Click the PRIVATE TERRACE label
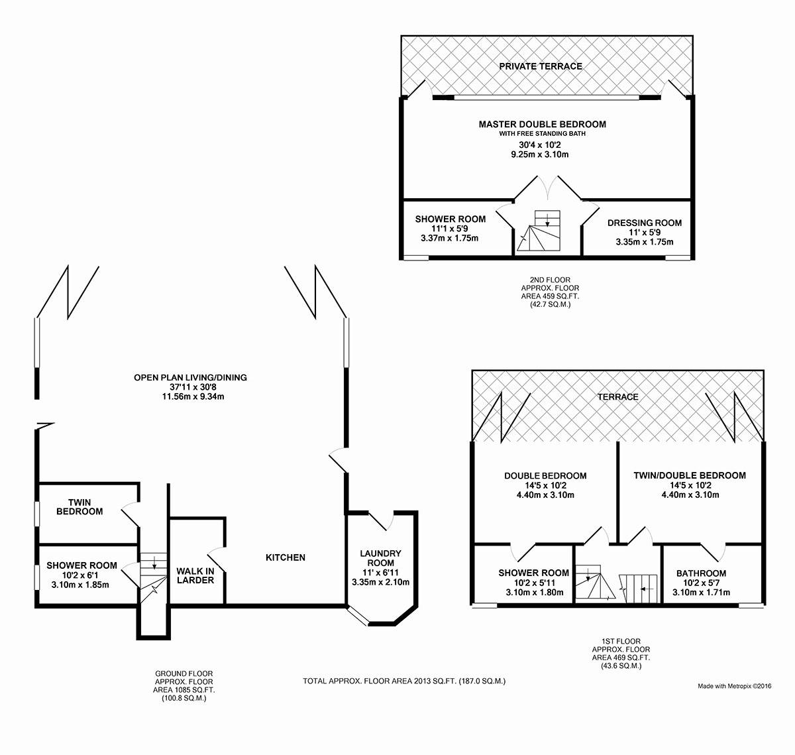pyautogui.click(x=541, y=66)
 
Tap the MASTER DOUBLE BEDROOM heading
pyautogui.click(x=543, y=124)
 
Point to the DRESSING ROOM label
pyautogui.click(x=645, y=223)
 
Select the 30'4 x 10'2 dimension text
pyautogui.click(x=540, y=145)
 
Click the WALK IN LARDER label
pyautogui.click(x=195, y=576)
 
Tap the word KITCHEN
pyautogui.click(x=286, y=557)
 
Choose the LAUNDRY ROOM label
pyautogui.click(x=380, y=558)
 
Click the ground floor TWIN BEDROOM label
pyautogui.click(x=79, y=507)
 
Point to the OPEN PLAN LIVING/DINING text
pyautogui.click(x=190, y=378)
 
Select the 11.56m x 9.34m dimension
pyautogui.click(x=193, y=396)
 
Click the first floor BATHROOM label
pyautogui.click(x=701, y=573)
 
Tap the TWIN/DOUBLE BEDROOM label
pyautogui.click(x=690, y=475)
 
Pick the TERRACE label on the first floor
pyautogui.click(x=618, y=397)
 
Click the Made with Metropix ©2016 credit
pyautogui.click(x=734, y=686)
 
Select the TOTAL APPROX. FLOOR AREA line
pyautogui.click(x=404, y=681)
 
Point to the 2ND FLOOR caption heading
pyautogui.click(x=550, y=280)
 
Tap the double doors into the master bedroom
pyautogui.click(x=547, y=188)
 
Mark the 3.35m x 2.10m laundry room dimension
pyautogui.click(x=380, y=582)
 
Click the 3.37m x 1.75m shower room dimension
pyautogui.click(x=450, y=239)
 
